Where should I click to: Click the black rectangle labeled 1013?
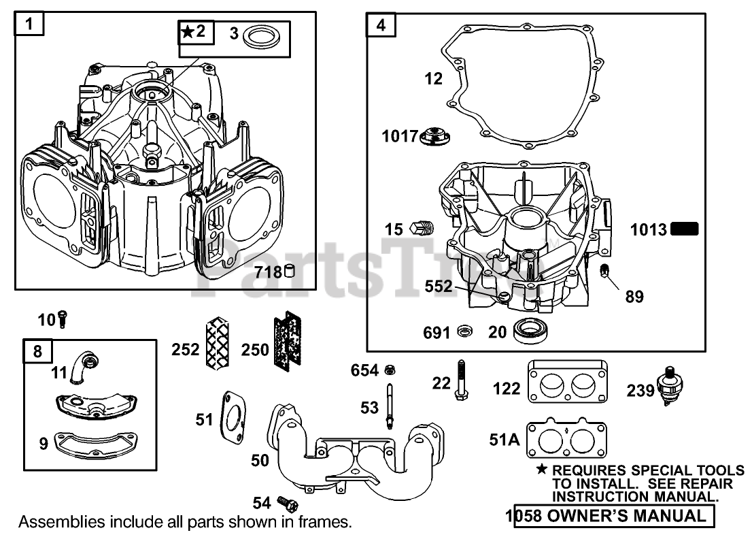pos(684,229)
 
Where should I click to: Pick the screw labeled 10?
pos(63,318)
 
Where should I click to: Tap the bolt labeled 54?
pos(287,503)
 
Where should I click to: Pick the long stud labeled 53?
pos(390,406)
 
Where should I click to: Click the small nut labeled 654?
pos(391,370)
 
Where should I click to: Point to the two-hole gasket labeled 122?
pos(567,387)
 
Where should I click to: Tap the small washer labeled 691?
pos(465,332)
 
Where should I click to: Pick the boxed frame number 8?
pos(37,351)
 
